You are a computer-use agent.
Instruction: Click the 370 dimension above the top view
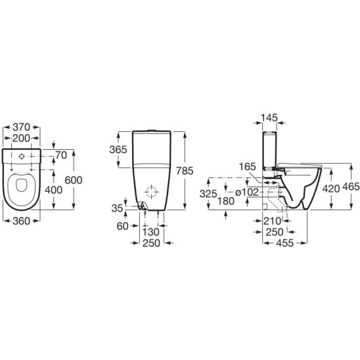tap(21, 127)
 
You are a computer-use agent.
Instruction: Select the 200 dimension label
tap(21, 139)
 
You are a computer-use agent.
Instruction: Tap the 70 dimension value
tap(61, 156)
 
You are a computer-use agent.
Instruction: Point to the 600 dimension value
tap(74, 180)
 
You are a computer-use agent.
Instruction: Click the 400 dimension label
tap(53, 190)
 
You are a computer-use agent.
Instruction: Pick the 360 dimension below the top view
tap(21, 221)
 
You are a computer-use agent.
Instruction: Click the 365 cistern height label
tap(118, 150)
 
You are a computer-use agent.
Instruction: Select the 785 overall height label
tap(185, 171)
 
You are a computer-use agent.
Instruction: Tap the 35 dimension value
tap(117, 208)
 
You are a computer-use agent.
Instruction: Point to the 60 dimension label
tap(122, 227)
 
